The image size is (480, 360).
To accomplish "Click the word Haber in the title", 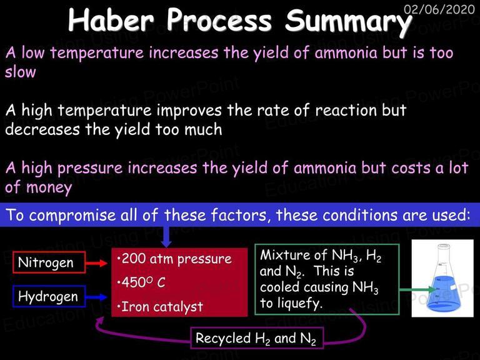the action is point(111,20).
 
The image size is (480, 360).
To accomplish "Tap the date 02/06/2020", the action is point(439,9).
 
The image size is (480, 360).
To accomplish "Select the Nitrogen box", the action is point(49,262).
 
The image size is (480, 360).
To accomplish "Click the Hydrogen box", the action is point(49,296).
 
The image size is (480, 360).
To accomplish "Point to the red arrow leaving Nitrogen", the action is point(96,262).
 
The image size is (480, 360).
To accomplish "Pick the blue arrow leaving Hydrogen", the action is point(96,297).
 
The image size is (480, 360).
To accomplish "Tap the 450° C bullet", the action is point(141,282).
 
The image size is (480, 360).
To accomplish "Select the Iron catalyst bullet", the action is point(160,306).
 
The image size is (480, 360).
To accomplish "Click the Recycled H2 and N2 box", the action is point(257,338).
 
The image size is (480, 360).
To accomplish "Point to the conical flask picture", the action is point(442,278).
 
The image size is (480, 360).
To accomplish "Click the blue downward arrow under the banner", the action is point(166,237).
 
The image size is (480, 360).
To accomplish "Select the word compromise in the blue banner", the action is point(72,215).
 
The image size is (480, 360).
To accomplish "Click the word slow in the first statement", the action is point(20,72).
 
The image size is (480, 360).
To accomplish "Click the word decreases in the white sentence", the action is point(42,129).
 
